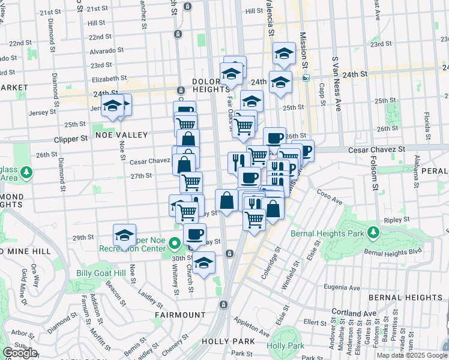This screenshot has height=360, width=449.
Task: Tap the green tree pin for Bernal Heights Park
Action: point(373,232)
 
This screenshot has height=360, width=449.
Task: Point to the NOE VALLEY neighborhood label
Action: point(120,135)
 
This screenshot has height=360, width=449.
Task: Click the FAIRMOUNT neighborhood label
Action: point(180,314)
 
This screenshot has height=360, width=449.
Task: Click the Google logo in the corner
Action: point(20,353)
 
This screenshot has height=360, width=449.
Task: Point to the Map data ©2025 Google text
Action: point(412,355)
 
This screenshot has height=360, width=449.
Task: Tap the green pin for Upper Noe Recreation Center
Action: point(175,244)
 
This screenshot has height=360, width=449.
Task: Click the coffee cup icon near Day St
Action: point(194,234)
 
